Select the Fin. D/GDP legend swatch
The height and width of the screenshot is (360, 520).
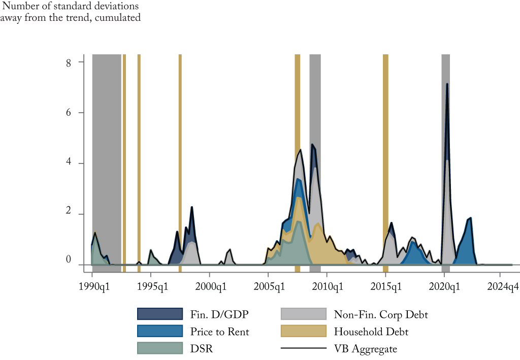click(159, 314)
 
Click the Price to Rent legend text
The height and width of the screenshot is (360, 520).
click(220, 332)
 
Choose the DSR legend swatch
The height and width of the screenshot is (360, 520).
click(159, 348)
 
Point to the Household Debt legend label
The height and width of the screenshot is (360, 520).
click(371, 332)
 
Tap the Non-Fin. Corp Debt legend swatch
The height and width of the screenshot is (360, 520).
click(303, 314)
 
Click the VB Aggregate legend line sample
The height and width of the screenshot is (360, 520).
click(303, 348)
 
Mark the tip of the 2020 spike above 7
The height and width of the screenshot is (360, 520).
click(447, 84)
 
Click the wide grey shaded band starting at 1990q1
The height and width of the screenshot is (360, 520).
click(107, 152)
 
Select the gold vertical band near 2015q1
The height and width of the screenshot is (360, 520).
click(385, 152)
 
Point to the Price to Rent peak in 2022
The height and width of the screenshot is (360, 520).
click(471, 218)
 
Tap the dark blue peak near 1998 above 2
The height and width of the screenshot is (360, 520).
click(192, 207)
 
